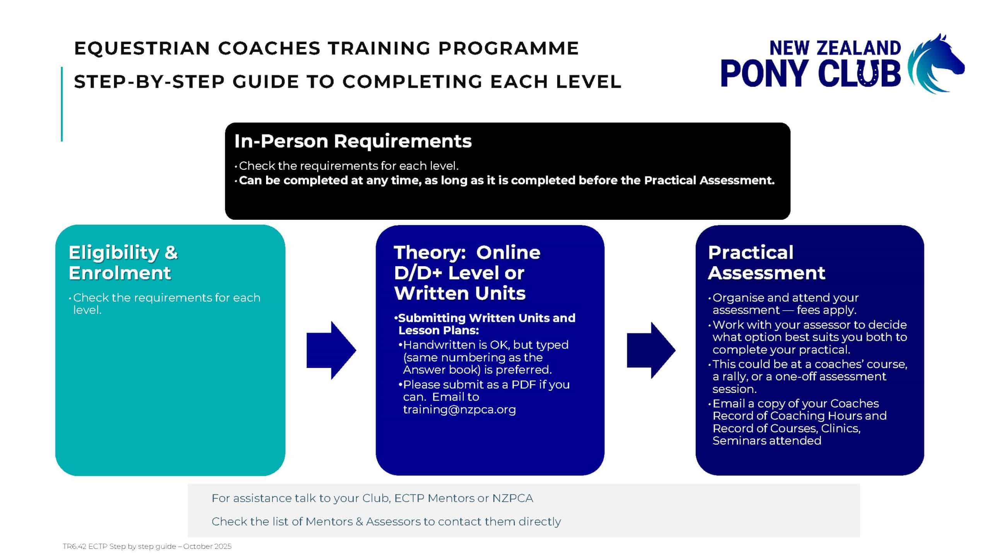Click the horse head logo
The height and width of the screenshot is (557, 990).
click(x=936, y=64)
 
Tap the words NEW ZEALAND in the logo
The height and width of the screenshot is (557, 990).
click(x=835, y=48)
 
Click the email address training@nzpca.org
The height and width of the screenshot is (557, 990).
click(x=459, y=410)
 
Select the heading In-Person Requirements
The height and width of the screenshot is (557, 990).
click(x=353, y=141)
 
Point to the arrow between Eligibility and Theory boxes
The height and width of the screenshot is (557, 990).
click(x=331, y=350)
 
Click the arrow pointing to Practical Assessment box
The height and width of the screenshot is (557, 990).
click(x=651, y=350)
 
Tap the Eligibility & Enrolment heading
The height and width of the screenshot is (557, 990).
click(x=123, y=263)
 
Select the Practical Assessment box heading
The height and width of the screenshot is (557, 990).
click(x=766, y=263)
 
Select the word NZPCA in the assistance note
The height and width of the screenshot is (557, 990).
click(x=512, y=498)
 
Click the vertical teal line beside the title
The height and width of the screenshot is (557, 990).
click(x=62, y=104)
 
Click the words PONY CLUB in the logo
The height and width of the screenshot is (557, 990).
click(x=811, y=73)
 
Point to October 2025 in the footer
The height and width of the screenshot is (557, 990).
click(x=207, y=546)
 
